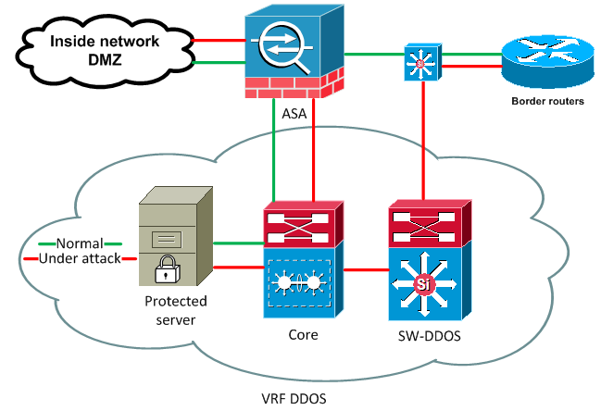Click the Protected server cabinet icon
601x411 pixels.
pyautogui.click(x=174, y=239)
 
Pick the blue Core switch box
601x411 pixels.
pyautogui.click(x=303, y=281)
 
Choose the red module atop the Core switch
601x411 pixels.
pyautogui.click(x=303, y=223)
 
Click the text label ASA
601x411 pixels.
pyautogui.click(x=293, y=114)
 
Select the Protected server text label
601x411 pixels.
pyautogui.click(x=176, y=310)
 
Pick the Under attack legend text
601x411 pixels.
pyautogui.click(x=80, y=258)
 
